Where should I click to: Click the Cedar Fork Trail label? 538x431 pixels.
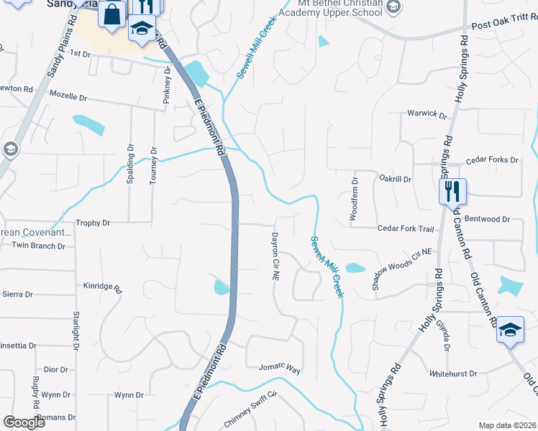(406, 228)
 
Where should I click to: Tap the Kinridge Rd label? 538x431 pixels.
(103, 286)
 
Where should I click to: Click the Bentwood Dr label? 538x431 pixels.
(486, 218)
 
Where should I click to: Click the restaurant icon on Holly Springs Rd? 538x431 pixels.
(452, 191)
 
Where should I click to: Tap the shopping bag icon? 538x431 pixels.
(112, 14)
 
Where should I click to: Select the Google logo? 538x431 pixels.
(23, 422)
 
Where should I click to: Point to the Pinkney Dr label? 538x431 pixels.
(166, 85)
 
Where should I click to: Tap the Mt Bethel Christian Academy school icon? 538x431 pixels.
(393, 8)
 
